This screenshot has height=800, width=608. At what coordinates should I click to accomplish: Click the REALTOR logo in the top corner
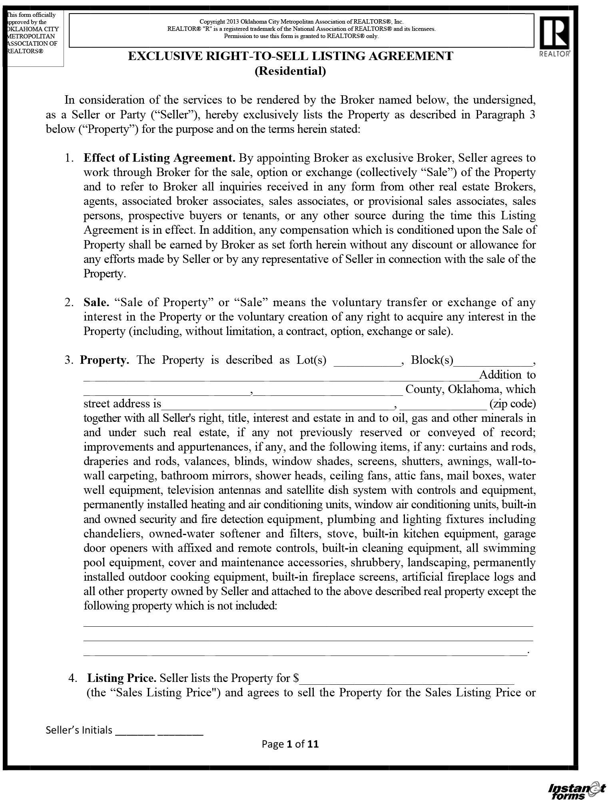tap(555, 36)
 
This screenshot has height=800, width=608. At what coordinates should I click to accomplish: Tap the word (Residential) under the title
tap(290, 71)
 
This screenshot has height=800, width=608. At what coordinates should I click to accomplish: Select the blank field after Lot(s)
tap(367, 361)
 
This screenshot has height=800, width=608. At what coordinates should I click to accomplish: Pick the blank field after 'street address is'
tap(277, 404)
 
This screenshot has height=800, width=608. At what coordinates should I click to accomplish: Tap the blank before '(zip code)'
tap(443, 404)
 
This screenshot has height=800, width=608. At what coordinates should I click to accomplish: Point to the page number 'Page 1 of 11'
tap(290, 744)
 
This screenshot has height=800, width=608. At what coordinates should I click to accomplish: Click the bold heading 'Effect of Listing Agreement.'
tap(159, 158)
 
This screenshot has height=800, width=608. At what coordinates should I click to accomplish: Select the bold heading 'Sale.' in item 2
tap(96, 302)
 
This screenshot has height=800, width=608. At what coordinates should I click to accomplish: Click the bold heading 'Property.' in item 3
tap(105, 360)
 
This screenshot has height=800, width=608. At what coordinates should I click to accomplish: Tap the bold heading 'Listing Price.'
tap(122, 678)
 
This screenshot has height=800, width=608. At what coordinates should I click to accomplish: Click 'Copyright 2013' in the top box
tap(219, 22)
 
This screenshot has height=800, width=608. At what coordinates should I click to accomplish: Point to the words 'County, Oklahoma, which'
tap(470, 389)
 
